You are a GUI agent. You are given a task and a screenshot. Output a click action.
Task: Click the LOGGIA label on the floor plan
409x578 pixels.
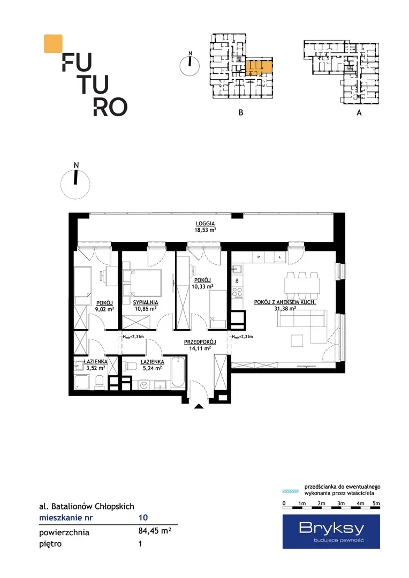[205, 223]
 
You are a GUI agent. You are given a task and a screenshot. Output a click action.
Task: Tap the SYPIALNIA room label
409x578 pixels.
[146, 302]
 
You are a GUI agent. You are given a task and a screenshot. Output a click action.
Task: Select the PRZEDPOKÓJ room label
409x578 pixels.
[200, 342]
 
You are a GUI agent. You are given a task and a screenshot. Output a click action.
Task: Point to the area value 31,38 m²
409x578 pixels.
[285, 309]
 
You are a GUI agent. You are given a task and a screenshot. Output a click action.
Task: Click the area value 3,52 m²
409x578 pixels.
[95, 368]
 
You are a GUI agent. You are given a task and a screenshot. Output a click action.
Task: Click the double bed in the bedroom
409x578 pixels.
[142, 283]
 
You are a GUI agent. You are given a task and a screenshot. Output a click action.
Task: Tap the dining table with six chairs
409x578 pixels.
[302, 286]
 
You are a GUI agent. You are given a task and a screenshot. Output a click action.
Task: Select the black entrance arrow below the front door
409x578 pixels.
[199, 407]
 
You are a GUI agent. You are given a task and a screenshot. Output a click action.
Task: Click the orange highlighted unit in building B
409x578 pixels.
[259, 67]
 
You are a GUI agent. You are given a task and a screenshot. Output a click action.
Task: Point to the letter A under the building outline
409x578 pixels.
[359, 113]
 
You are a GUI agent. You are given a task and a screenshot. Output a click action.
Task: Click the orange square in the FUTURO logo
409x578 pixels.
[53, 43]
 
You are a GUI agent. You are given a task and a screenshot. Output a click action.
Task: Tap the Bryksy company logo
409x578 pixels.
[331, 531]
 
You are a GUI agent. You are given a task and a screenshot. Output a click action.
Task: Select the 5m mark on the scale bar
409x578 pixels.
[376, 503]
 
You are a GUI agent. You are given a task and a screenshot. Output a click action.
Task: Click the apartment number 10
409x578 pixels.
[143, 518]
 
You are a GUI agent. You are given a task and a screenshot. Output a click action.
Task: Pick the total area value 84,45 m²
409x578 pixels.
[155, 531]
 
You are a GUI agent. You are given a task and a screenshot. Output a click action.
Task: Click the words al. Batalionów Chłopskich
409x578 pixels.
[87, 506]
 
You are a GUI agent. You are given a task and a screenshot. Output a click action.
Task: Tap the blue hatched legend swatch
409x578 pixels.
[291, 491]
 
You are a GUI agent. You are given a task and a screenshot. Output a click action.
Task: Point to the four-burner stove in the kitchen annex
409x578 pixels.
[238, 293]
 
